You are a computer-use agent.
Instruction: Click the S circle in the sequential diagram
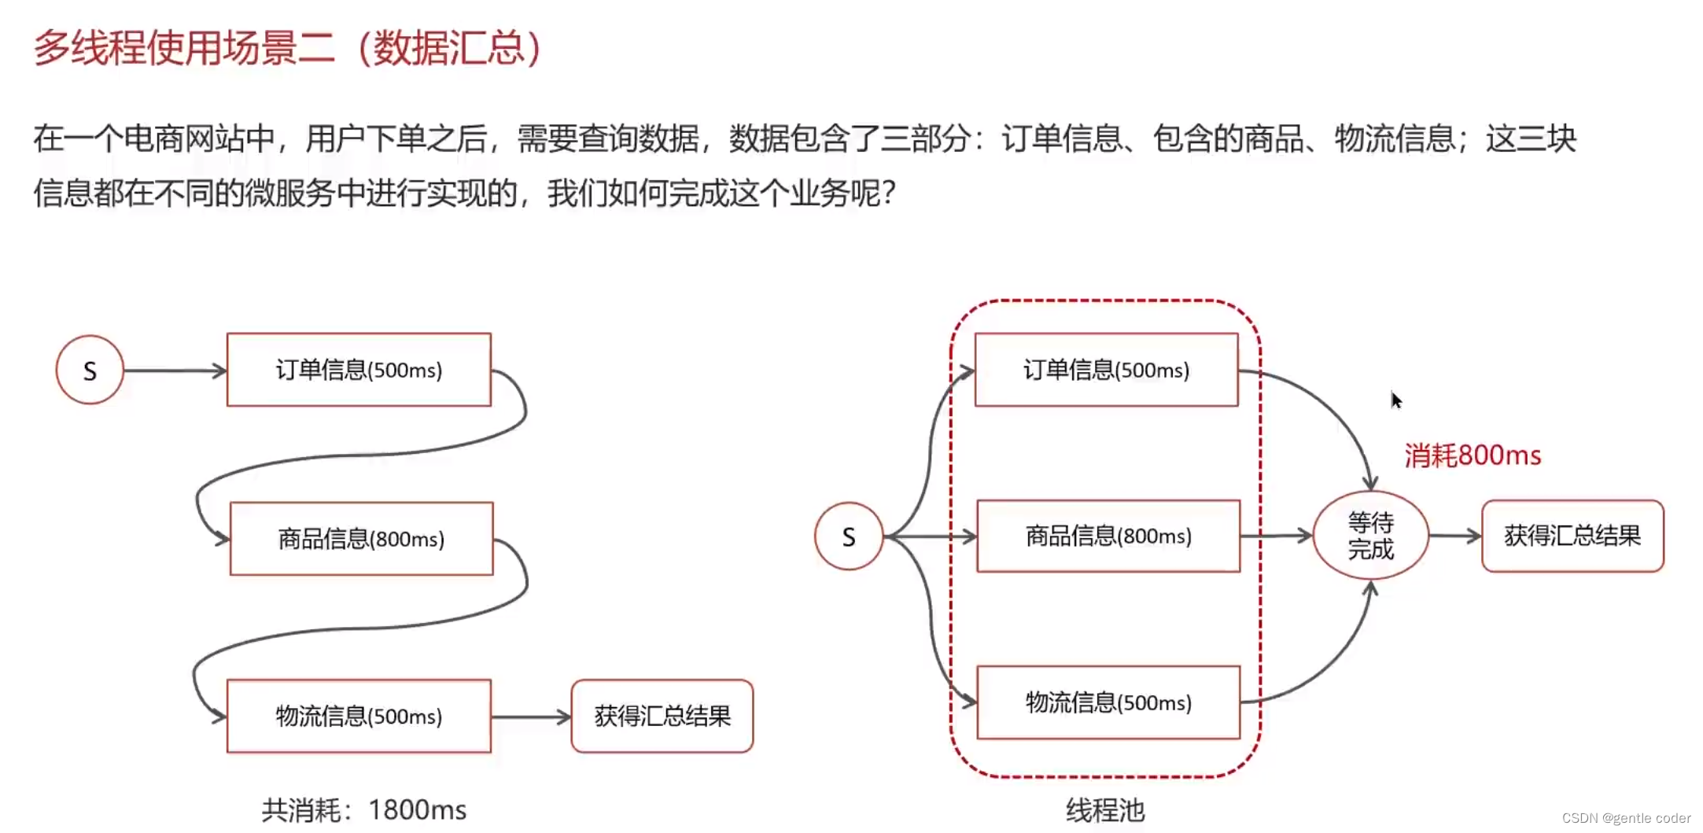point(90,370)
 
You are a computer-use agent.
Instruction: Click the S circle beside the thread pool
point(848,536)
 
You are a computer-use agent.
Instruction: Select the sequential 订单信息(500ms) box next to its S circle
point(359,370)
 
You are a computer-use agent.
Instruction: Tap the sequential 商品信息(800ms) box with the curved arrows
point(361,539)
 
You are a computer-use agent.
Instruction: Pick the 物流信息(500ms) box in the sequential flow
point(359,716)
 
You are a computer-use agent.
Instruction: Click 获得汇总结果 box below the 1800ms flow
point(662,716)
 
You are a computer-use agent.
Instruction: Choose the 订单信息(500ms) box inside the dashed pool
point(1106,370)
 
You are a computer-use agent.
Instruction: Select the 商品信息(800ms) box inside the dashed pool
point(1108,536)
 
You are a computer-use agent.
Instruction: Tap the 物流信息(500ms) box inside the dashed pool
point(1108,702)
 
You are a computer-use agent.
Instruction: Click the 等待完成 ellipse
point(1370,536)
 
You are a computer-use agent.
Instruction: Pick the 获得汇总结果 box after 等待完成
point(1572,536)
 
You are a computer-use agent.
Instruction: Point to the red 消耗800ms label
point(1473,455)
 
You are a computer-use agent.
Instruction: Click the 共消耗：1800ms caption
point(363,809)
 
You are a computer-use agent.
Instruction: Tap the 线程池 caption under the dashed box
point(1104,809)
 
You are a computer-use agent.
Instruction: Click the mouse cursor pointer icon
point(1395,400)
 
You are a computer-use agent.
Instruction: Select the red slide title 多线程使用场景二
point(286,48)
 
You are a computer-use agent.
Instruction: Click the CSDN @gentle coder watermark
point(1625,818)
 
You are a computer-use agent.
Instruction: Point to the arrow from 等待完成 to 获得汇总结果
point(1454,536)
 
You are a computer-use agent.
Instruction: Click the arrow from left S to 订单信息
point(175,370)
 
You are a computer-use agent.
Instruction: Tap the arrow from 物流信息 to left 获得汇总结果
point(531,717)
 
